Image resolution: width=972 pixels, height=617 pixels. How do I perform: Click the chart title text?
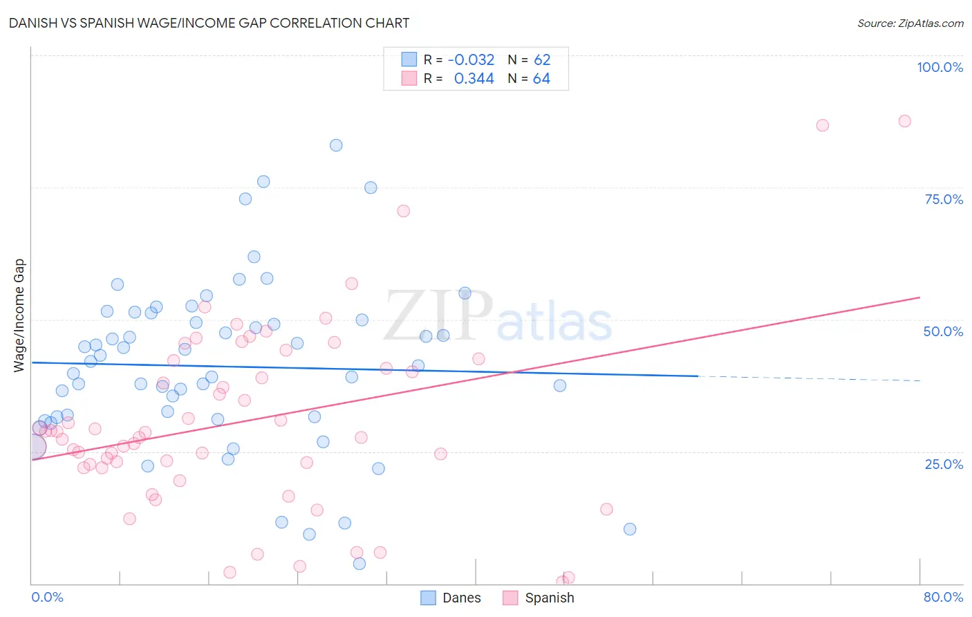(x=209, y=23)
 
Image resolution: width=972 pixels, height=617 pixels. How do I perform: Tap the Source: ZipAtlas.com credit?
(x=910, y=23)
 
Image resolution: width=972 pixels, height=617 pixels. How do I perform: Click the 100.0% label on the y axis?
(x=940, y=67)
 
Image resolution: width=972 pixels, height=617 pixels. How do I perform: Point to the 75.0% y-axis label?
(x=944, y=199)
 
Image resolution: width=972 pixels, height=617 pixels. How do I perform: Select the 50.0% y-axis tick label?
(x=943, y=331)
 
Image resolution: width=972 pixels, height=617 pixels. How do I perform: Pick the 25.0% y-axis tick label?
(x=944, y=463)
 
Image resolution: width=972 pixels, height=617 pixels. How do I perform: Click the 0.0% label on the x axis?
(x=47, y=597)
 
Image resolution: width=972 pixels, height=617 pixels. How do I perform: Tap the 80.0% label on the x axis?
(x=943, y=597)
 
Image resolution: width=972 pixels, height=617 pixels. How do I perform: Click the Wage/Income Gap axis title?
(x=19, y=315)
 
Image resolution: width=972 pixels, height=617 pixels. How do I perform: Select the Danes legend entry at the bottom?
(x=451, y=598)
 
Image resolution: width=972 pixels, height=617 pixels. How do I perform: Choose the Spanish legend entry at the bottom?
(x=539, y=598)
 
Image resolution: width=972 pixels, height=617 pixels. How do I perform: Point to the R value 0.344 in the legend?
(x=474, y=79)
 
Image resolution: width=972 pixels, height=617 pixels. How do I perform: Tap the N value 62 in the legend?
(x=542, y=59)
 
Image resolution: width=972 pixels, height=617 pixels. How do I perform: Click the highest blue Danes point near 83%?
(x=336, y=145)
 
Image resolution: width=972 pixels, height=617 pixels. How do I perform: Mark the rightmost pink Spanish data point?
(x=904, y=121)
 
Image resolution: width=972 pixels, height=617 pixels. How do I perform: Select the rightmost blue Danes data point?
(x=630, y=529)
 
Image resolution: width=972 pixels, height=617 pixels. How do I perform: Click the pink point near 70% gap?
(x=404, y=211)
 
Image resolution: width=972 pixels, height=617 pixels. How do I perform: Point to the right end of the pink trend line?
(x=919, y=297)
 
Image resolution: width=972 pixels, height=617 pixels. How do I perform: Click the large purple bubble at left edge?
(x=33, y=447)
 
